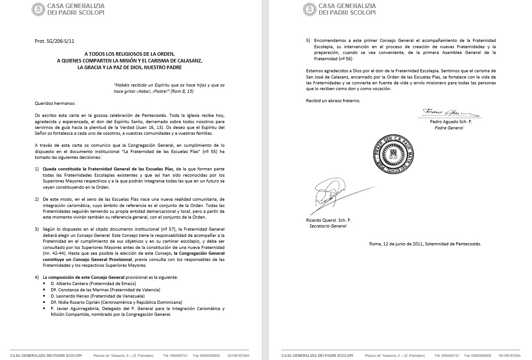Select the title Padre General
coord(449,128)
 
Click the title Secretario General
coord(328,226)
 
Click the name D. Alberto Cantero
coord(70,283)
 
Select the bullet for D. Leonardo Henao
coord(45,296)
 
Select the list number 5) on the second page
coord(308,41)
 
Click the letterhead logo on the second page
coord(309,9)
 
